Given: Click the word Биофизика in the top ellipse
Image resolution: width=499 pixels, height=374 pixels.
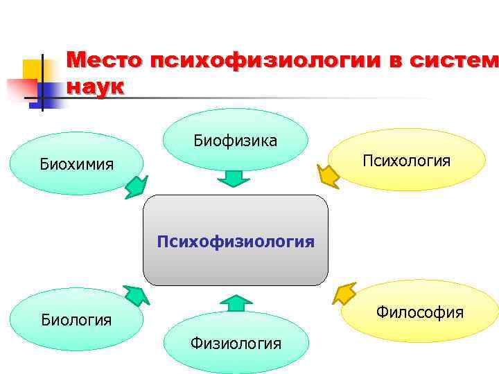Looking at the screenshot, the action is coord(235,141).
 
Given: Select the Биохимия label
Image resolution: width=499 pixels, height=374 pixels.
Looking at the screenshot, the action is coord(76,166).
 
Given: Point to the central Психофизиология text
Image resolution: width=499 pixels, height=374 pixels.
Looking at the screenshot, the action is coord(235,242).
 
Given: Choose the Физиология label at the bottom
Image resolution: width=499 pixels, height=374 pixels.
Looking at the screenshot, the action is coord(236,343).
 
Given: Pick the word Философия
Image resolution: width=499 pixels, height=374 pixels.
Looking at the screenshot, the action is coord(419,312).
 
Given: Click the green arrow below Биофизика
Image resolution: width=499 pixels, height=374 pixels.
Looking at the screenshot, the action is coord(234,179).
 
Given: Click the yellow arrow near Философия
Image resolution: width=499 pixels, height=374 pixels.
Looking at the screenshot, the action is coord(343,294).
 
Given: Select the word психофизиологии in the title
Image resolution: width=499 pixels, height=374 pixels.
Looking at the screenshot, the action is coord(263,61).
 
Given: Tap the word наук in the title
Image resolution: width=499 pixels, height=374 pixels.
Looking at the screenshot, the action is coord(95,88).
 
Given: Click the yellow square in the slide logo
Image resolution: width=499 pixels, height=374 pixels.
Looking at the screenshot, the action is coord(33,69).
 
